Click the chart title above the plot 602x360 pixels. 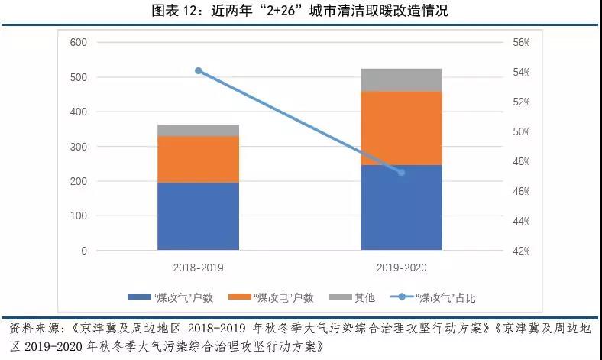301,11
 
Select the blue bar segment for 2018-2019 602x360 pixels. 199,216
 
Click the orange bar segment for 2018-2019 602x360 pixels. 199,160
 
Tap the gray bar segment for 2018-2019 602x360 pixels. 199,131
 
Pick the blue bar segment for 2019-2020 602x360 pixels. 401,207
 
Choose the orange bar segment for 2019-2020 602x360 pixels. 401,128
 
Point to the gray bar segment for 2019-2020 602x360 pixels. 401,80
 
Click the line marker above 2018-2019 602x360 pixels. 199,71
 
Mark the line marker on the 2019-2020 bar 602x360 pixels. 401,172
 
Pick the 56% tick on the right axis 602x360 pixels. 522,43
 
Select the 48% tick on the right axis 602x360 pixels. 522,161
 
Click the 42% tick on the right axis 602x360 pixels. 522,251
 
